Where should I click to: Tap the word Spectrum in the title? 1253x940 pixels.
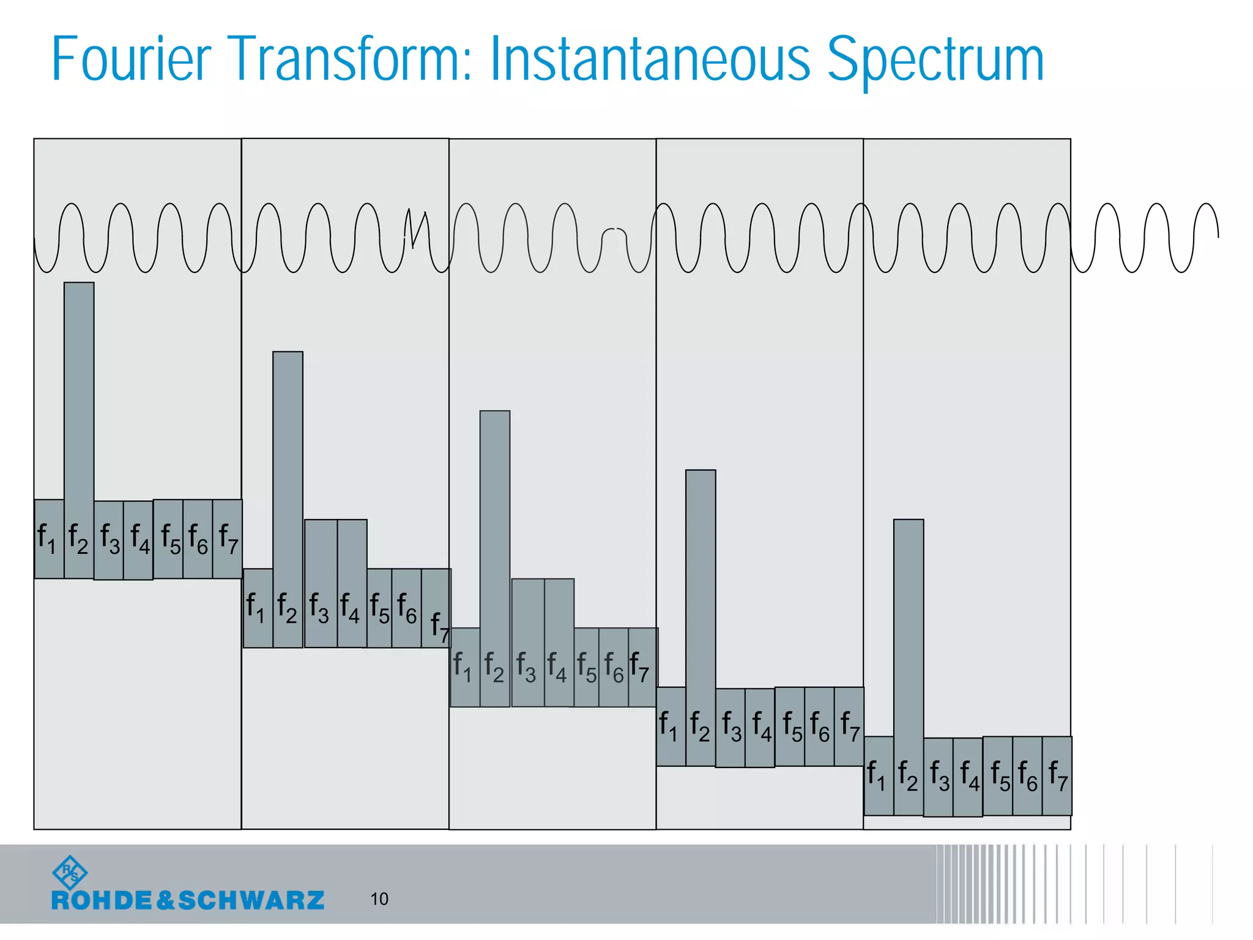935,59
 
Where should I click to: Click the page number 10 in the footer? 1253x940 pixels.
379,899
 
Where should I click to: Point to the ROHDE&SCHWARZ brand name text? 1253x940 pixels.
188,900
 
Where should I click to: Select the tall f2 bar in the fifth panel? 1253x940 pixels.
909,630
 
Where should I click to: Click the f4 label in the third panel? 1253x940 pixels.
557,667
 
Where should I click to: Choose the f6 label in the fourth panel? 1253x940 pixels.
820,726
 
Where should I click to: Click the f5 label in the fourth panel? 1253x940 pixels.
792,726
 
